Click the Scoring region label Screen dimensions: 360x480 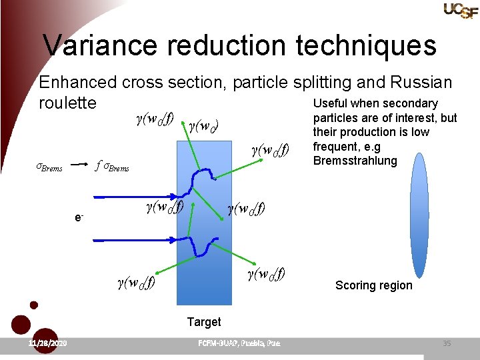tap(373, 285)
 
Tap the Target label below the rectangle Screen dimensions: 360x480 tap(203, 322)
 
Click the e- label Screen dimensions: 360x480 tap(79, 217)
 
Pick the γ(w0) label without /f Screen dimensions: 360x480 tap(204, 125)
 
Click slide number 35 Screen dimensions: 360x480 tap(447, 343)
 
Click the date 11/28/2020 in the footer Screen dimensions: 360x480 tap(47, 343)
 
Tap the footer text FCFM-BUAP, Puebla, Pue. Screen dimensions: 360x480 tap(239, 343)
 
